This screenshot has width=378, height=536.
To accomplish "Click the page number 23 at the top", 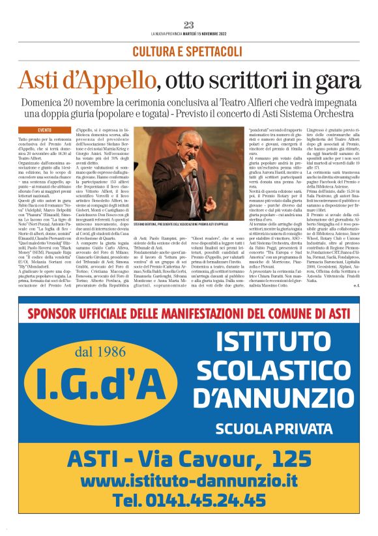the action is point(189,25).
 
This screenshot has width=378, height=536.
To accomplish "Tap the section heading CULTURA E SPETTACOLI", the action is point(188,51).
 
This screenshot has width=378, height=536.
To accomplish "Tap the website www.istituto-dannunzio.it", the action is point(188,481).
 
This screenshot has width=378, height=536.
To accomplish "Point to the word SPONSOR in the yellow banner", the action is point(56,313).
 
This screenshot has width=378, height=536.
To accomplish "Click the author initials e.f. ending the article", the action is point(356,285).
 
